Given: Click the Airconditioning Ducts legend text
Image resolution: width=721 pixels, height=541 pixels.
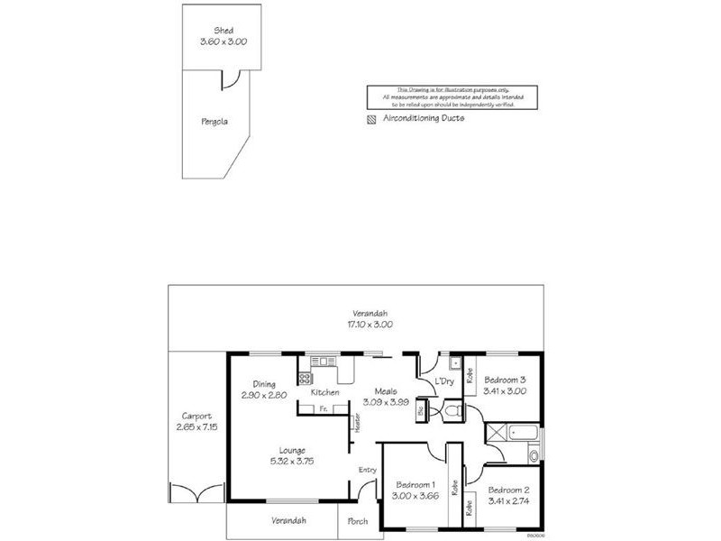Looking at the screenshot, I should click(x=424, y=118).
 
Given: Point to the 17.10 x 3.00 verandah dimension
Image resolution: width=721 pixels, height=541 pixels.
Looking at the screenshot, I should click(x=370, y=324).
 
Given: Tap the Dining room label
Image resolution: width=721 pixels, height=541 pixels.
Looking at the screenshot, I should click(x=264, y=382).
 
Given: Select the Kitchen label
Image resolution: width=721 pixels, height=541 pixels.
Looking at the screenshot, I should click(x=324, y=393).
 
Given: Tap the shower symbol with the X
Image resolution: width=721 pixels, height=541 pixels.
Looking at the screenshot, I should click(x=495, y=433).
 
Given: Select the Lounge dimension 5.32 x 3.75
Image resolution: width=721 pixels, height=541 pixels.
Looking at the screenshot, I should click(x=292, y=461).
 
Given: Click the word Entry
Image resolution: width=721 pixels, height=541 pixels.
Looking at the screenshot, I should click(x=368, y=469).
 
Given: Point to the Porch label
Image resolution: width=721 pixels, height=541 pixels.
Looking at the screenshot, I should click(x=358, y=521).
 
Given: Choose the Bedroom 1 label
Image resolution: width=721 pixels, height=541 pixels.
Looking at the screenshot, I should click(x=416, y=484).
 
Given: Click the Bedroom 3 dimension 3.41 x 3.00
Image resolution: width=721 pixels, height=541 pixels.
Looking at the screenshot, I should click(x=505, y=392).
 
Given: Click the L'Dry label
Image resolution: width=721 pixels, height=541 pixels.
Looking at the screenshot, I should click(x=443, y=382).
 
